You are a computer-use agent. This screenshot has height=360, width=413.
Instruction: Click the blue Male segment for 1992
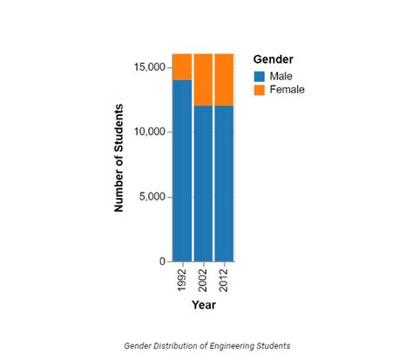click(182, 170)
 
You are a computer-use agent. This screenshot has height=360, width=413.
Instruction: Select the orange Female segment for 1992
click(182, 66)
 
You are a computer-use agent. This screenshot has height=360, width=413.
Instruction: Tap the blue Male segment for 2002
click(203, 183)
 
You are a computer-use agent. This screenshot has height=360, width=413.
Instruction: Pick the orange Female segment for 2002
click(203, 79)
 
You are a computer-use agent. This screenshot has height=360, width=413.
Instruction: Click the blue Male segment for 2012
click(224, 183)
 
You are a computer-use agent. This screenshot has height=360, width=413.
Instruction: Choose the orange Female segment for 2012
click(224, 79)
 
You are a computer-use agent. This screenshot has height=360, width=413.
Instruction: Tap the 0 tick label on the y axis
click(162, 262)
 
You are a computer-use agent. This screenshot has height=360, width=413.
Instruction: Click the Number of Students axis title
click(118, 158)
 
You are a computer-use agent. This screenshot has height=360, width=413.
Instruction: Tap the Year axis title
click(203, 305)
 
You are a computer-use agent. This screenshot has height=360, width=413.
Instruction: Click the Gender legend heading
click(273, 58)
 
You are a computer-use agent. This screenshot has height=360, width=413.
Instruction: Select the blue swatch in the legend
click(259, 76)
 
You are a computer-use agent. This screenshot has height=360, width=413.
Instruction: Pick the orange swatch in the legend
click(259, 89)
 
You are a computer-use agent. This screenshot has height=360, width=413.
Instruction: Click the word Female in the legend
click(287, 89)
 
